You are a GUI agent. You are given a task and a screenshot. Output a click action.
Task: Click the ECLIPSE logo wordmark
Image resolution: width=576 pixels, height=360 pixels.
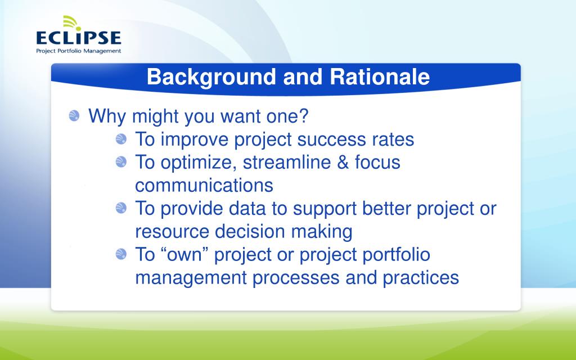click(x=78, y=38)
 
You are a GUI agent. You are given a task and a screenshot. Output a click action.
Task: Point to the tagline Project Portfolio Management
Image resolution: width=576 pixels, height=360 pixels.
click(x=78, y=51)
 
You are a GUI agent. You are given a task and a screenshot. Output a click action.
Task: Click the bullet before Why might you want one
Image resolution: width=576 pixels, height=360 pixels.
click(x=74, y=116)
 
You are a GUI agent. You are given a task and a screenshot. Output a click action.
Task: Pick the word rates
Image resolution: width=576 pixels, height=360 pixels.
click(x=393, y=139)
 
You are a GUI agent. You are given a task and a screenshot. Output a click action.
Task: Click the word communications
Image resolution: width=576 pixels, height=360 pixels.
click(x=204, y=185)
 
